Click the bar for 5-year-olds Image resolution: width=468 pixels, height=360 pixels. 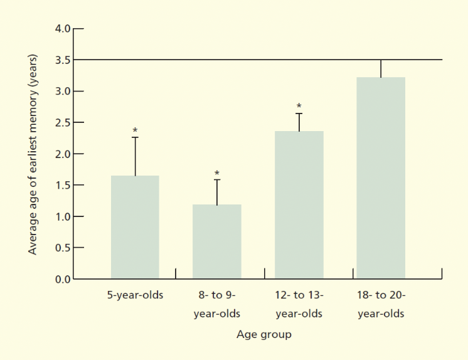click(x=135, y=227)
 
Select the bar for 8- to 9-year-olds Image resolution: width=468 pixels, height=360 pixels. click(x=217, y=241)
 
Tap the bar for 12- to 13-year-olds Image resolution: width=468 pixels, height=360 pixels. click(x=299, y=204)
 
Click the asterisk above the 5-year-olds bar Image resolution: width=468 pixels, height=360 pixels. click(x=135, y=131)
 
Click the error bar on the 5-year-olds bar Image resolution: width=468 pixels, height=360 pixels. click(x=135, y=156)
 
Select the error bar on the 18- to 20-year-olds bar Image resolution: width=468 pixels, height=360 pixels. click(x=381, y=68)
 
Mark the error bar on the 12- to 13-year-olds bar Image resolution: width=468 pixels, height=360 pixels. click(x=299, y=122)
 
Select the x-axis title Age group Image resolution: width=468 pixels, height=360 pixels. click(x=263, y=334)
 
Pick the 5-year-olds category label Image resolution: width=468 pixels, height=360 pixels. click(x=134, y=295)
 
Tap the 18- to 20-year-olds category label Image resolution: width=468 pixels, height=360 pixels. click(x=381, y=304)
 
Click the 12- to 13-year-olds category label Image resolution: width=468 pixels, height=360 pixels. click(x=299, y=304)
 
